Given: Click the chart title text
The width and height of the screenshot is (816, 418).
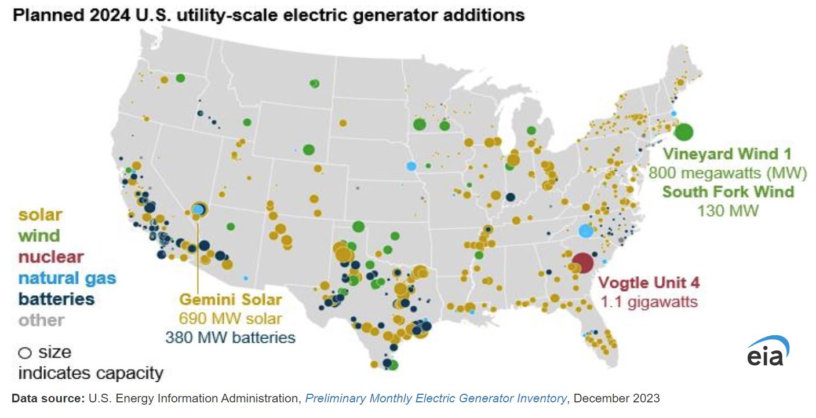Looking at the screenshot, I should (268, 15).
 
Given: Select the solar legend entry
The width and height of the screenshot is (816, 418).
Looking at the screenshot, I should (40, 215).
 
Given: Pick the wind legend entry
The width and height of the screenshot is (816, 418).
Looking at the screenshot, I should (39, 236).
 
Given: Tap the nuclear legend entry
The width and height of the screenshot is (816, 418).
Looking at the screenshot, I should (51, 256).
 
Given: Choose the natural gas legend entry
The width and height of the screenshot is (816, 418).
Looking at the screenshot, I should (67, 278).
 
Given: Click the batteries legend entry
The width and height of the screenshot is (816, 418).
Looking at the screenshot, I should (56, 299).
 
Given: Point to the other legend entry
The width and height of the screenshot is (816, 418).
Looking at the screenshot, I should (41, 320).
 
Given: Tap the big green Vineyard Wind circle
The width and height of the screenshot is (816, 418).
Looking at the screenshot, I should (684, 131).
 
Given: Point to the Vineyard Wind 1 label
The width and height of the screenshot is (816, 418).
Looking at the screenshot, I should (727, 154).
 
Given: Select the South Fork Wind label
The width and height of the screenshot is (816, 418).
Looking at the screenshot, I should (728, 191).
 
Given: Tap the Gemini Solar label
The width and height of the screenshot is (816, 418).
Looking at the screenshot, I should (230, 299).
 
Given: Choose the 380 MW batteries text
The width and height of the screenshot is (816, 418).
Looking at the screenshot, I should (230, 337).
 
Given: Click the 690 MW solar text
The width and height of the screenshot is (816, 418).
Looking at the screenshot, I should (230, 318).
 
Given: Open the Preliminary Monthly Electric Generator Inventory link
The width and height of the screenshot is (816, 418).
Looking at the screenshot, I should (435, 398).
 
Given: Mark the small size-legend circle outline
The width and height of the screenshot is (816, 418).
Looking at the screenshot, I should (25, 353).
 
